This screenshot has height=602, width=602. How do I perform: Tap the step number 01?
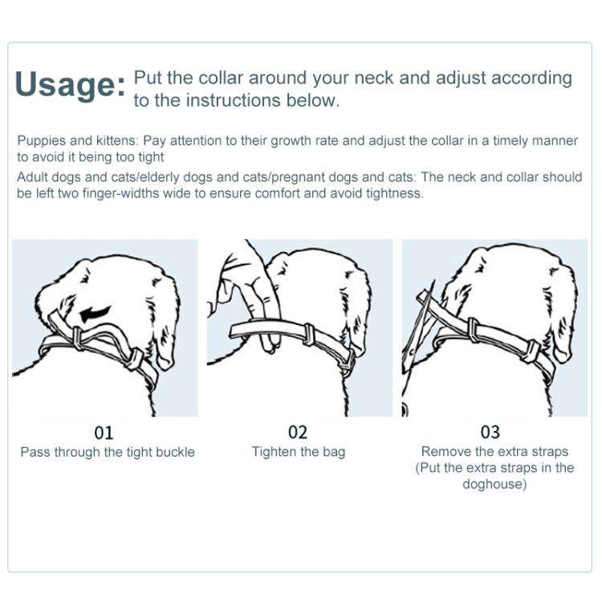(x=104, y=433)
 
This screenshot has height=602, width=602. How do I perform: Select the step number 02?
(x=298, y=433)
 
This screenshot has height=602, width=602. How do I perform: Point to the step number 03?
(x=490, y=433)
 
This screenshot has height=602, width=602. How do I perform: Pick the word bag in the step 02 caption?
(x=334, y=452)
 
